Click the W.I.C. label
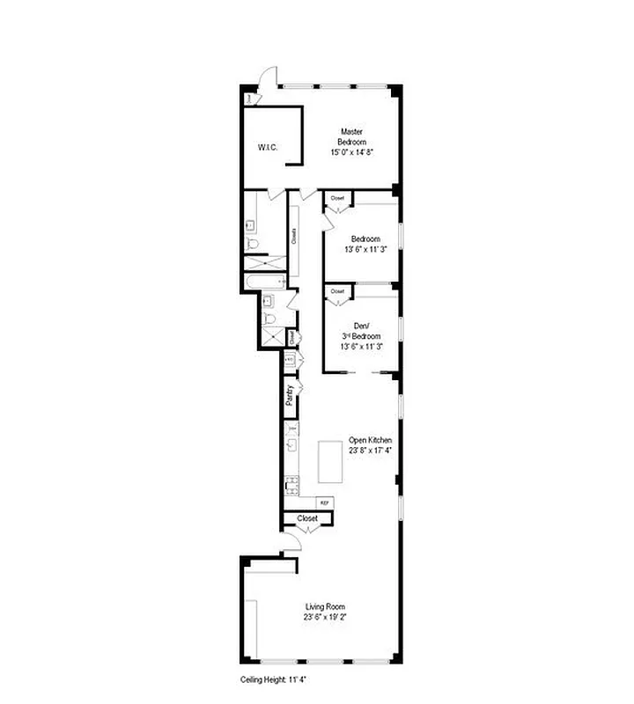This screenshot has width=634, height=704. tap(268, 147)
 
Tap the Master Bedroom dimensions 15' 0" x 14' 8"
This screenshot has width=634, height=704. tap(352, 152)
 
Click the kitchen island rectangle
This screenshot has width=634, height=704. tap(330, 460)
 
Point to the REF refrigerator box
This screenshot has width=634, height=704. tap(324, 502)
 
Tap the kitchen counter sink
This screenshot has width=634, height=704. tap(291, 445)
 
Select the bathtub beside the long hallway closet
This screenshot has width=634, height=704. tap(265, 282)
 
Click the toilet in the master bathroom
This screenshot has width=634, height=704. tap(253, 244)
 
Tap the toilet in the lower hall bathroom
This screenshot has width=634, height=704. tap(270, 318)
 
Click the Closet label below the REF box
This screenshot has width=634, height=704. tap(306, 518)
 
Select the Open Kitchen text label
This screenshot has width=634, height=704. tap(370, 440)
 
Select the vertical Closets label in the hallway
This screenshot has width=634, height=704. tap(294, 236)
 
